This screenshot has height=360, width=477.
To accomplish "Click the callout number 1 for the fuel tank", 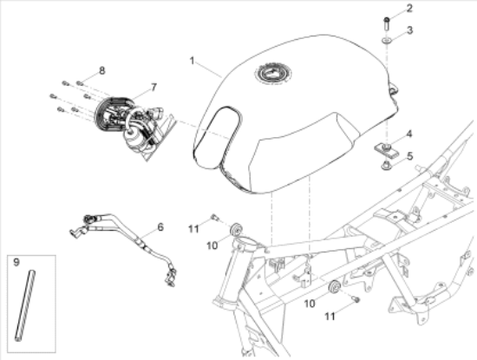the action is click(192, 61).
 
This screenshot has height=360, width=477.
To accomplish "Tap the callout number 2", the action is click(409, 8).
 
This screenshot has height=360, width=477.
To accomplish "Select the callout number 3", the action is click(409, 30).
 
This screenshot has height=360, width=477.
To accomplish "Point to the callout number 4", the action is click(409, 134).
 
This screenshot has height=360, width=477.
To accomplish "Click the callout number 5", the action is click(409, 156).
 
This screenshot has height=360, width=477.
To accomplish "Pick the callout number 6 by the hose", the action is click(160, 227).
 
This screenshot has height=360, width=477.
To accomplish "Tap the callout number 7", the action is click(154, 88).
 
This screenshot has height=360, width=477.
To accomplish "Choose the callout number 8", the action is click(102, 70).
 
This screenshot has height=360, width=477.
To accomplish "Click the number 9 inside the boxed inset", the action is click(16, 262).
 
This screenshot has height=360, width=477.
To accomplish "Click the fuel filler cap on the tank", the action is click(273, 74).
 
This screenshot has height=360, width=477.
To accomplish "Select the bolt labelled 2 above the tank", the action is click(387, 23).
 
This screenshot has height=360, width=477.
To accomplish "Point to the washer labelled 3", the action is click(387, 40).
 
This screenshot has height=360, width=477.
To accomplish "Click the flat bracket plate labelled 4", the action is click(385, 150).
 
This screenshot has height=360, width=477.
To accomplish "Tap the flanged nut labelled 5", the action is click(386, 167).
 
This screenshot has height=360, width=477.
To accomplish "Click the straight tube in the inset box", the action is click(25, 305).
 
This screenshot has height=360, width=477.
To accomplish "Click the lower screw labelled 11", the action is click(356, 300).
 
